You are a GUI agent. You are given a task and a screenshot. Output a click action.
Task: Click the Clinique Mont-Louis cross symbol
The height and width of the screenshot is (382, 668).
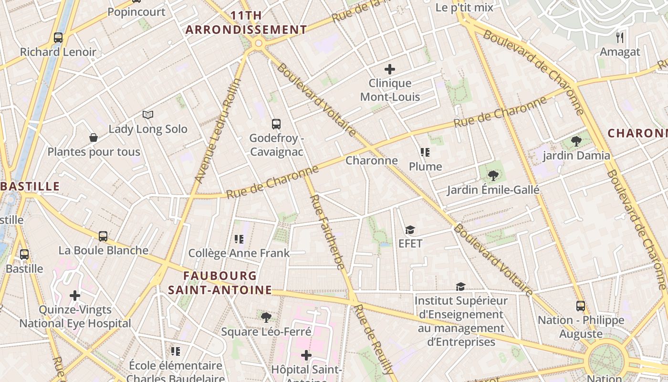coord(390,69)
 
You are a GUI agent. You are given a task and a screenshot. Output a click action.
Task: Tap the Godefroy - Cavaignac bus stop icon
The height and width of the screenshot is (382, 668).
coord(276,124)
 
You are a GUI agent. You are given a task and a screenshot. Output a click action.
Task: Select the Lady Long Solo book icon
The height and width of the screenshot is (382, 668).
coord(148,115)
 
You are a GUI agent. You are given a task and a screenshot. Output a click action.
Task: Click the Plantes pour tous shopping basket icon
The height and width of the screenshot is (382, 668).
coord(94,138)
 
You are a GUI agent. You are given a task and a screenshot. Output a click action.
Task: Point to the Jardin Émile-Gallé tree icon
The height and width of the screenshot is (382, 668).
coord(493,176)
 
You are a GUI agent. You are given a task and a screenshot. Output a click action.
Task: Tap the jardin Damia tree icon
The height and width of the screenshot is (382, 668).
coord(576,141)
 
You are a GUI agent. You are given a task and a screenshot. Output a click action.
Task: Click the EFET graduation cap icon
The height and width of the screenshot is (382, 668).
coord(410,230)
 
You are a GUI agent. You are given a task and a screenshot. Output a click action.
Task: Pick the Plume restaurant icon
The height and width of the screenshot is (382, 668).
coord(425,152)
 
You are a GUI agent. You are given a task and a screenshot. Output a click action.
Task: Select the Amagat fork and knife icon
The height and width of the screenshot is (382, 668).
coord(620,37)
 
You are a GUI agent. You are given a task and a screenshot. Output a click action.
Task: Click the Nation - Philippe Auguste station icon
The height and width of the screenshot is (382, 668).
coord(581,306)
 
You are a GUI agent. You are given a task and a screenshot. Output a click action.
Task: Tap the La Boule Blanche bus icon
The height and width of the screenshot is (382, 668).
coord(103,236)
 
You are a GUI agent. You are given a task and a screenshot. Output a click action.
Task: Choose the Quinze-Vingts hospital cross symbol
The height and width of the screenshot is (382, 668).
coord(75,296)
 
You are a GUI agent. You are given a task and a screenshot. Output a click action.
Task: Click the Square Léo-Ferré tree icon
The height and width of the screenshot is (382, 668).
coord(266,317)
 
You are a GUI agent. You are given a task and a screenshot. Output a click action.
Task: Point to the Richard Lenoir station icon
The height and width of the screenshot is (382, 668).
coord(58,37)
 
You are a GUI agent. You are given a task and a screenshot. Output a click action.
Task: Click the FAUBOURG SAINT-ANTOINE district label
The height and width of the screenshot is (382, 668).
coord(220,283)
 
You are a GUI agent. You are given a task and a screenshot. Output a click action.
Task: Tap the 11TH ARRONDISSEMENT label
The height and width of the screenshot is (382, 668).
coord(246,22)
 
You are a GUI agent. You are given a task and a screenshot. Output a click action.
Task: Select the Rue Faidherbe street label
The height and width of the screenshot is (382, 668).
coord(327,232)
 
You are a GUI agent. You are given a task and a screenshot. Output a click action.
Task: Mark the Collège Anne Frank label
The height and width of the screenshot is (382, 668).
coord(239,253)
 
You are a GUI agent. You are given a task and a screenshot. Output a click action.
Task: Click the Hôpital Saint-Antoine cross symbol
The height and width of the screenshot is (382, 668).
coord(306,355)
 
